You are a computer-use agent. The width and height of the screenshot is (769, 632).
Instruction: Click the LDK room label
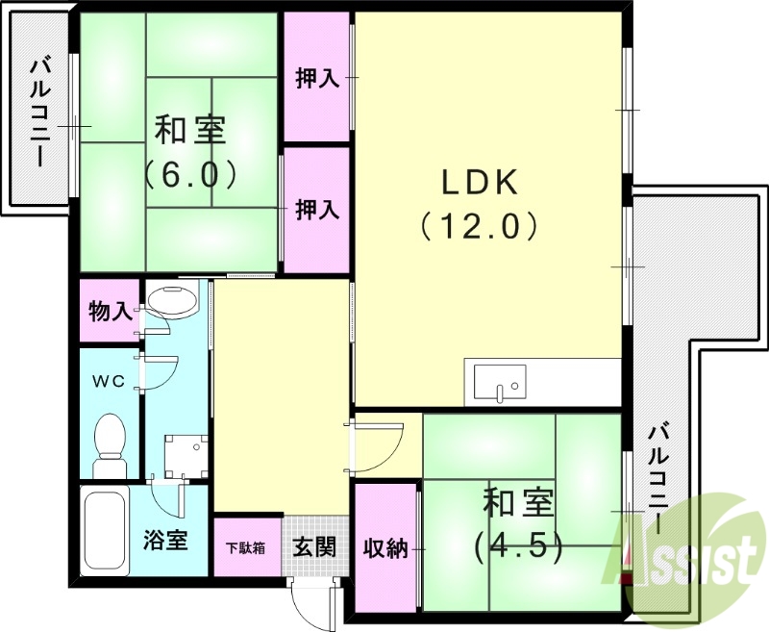[480, 181]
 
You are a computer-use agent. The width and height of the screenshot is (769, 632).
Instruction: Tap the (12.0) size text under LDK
[478, 226]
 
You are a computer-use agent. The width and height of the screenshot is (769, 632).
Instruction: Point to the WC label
[109, 381]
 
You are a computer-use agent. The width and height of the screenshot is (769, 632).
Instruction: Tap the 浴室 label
[165, 540]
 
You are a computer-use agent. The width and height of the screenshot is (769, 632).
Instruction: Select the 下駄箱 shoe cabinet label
[247, 548]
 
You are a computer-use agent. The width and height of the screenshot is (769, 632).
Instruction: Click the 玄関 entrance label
[313, 547]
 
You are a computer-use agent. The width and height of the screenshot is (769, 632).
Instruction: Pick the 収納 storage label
[385, 548]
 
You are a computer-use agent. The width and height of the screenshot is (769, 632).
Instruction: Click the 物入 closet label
[110, 312]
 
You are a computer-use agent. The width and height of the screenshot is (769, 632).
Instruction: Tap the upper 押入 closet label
[317, 79]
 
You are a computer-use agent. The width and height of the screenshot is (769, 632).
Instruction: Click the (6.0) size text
[190, 174]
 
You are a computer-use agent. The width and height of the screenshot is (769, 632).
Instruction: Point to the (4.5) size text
[515, 546]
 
